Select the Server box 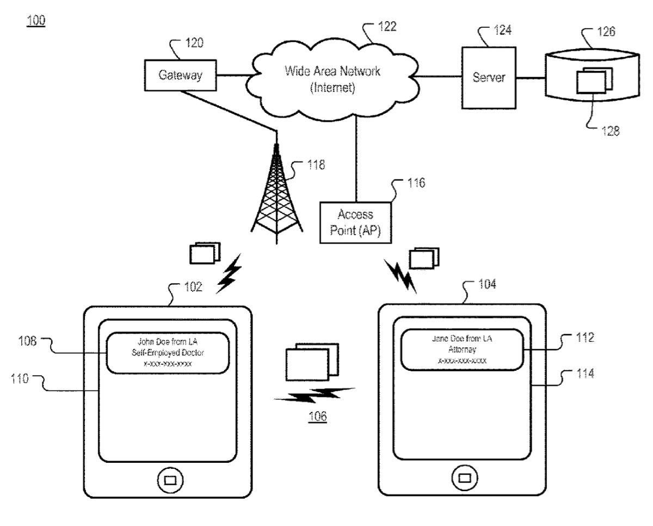pyautogui.click(x=487, y=78)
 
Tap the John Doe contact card pyautogui.click(x=168, y=353)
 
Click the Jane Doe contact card pyautogui.click(x=462, y=349)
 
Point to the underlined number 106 pyautogui.click(x=317, y=417)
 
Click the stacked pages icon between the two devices pyautogui.click(x=310, y=362)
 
